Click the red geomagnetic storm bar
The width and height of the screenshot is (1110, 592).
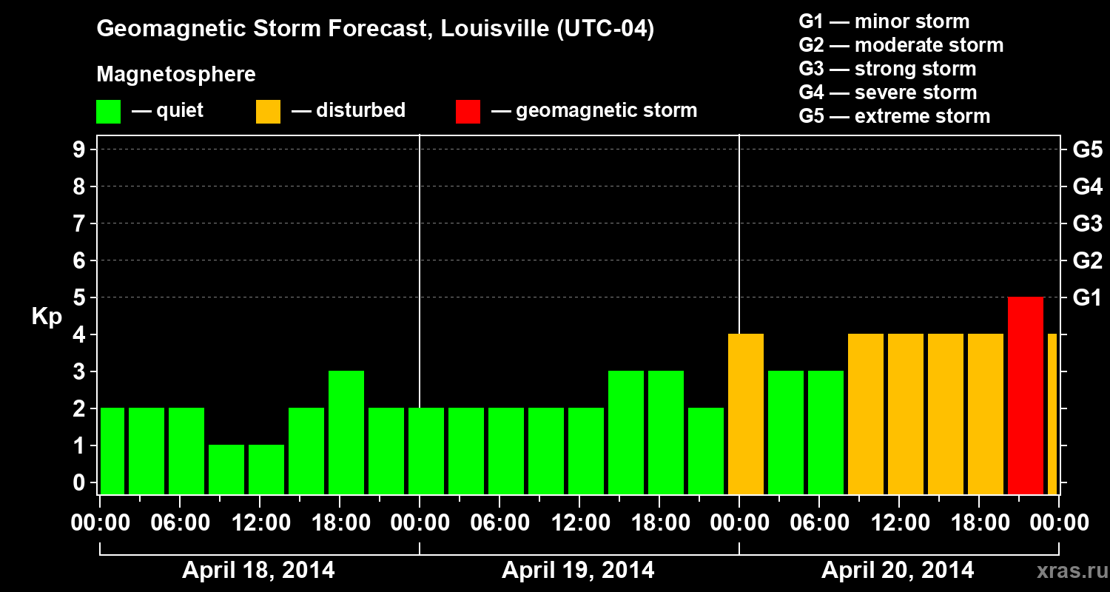[x=1025, y=396]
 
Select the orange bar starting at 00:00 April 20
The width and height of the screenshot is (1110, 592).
[x=745, y=414]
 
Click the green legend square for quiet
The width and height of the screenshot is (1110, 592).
[x=108, y=112]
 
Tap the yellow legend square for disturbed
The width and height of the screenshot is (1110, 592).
[x=268, y=112]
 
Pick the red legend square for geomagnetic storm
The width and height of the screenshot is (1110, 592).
[x=468, y=112]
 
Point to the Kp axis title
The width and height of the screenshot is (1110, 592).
[x=46, y=317]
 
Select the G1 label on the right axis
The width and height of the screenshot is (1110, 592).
[x=1087, y=298]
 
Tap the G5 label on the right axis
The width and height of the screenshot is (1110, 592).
[x=1087, y=150]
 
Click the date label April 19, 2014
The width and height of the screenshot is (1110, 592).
[x=578, y=571]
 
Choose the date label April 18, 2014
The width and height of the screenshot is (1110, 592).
[x=258, y=571]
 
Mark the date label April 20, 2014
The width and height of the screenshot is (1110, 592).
[x=898, y=571]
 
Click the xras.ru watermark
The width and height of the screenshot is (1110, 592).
[x=1066, y=571]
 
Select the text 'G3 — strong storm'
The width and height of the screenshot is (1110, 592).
[x=887, y=69]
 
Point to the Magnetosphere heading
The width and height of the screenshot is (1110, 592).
[x=176, y=75]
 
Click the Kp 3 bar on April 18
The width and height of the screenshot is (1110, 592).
[x=346, y=433]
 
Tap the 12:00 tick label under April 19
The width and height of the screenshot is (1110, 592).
[x=578, y=523]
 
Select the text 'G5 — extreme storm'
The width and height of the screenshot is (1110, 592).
[x=894, y=116]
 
